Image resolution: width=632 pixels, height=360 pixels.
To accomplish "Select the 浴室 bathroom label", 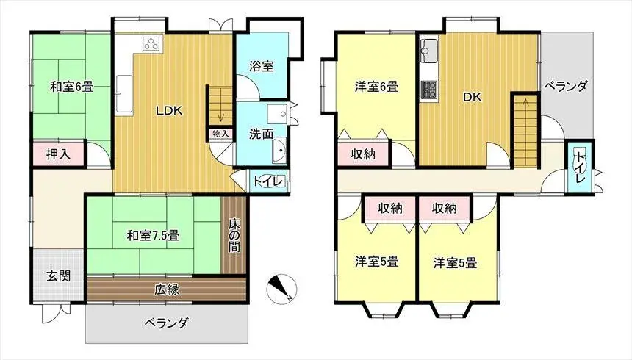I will (x=262, y=65).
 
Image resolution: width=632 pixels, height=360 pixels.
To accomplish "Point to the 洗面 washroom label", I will (x=260, y=134).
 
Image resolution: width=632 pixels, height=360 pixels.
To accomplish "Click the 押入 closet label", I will (x=59, y=154).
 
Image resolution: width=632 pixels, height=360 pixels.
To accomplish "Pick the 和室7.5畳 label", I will (x=154, y=236).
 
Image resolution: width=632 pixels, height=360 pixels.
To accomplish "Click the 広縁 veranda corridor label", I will (x=167, y=289).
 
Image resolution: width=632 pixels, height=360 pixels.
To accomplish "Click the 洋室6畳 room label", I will (x=376, y=87).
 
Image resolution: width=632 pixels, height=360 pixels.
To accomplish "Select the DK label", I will (x=472, y=96).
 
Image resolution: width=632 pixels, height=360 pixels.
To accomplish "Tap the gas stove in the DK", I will (x=429, y=90).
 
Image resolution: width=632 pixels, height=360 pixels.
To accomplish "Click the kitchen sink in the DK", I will (x=429, y=52).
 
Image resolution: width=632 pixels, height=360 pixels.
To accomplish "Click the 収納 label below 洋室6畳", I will (x=363, y=154).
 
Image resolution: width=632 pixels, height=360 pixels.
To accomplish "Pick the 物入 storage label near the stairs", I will (x=220, y=134).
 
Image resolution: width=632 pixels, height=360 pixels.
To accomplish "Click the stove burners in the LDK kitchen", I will (x=152, y=43).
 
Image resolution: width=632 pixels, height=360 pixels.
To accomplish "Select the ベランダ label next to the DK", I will (x=566, y=86).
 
